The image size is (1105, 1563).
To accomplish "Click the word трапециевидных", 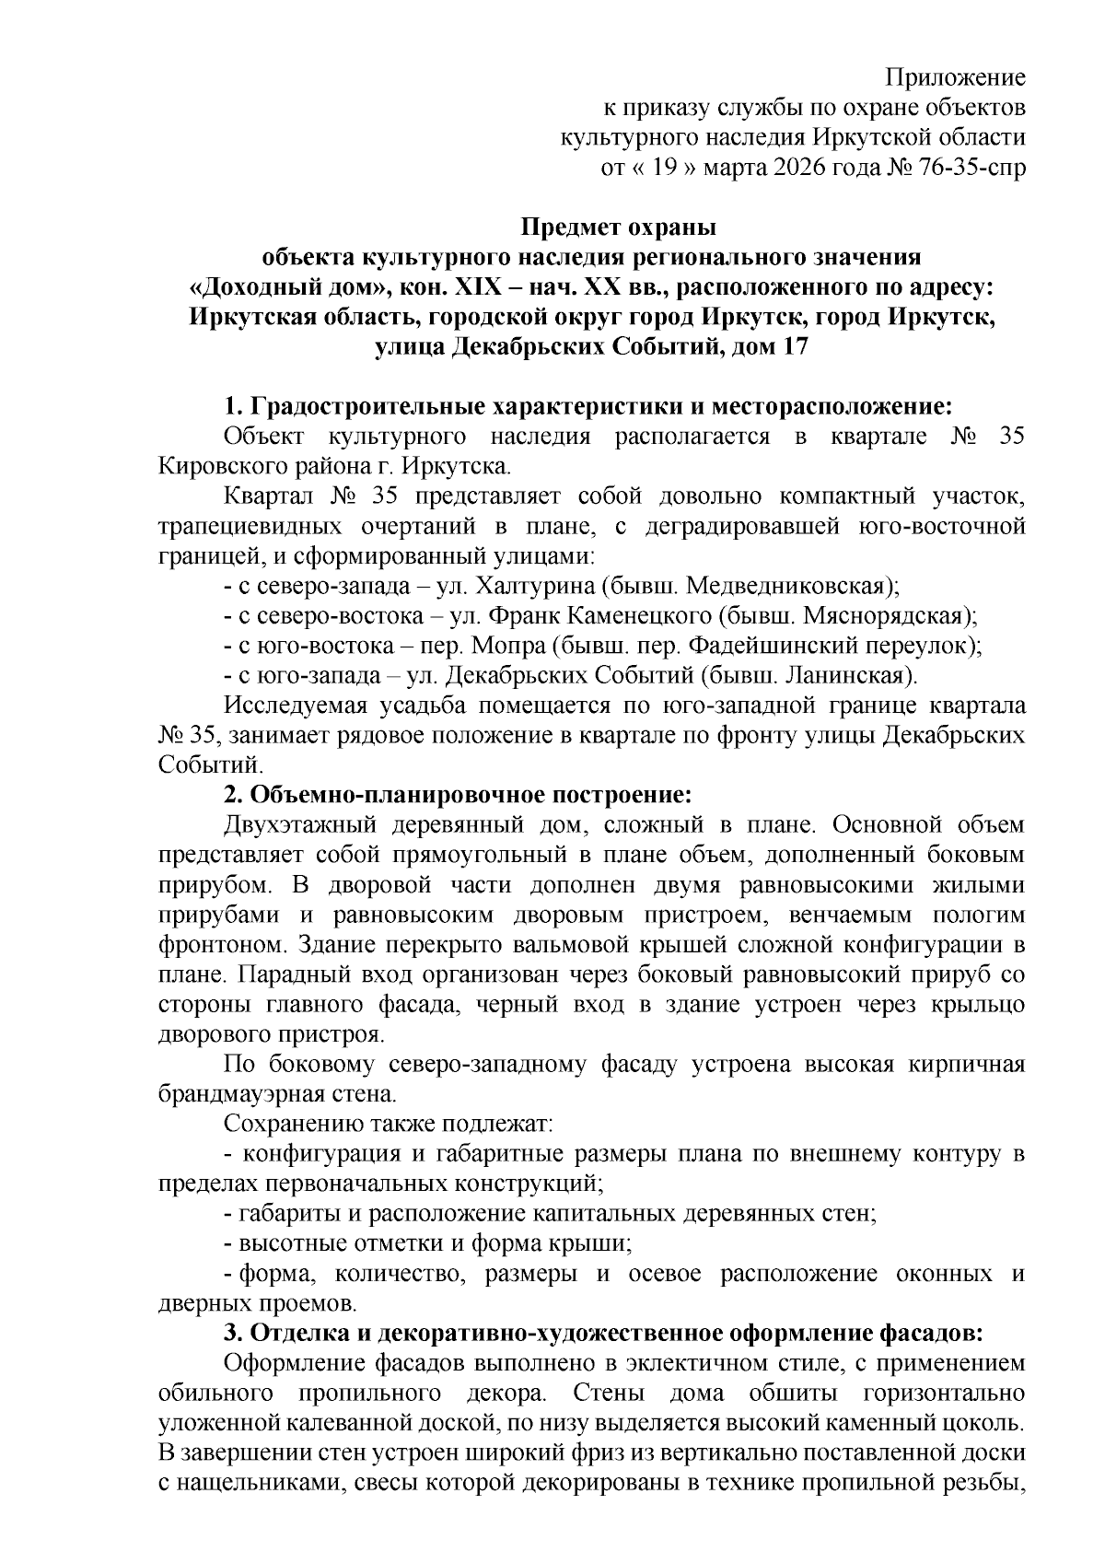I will click(250, 526).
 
